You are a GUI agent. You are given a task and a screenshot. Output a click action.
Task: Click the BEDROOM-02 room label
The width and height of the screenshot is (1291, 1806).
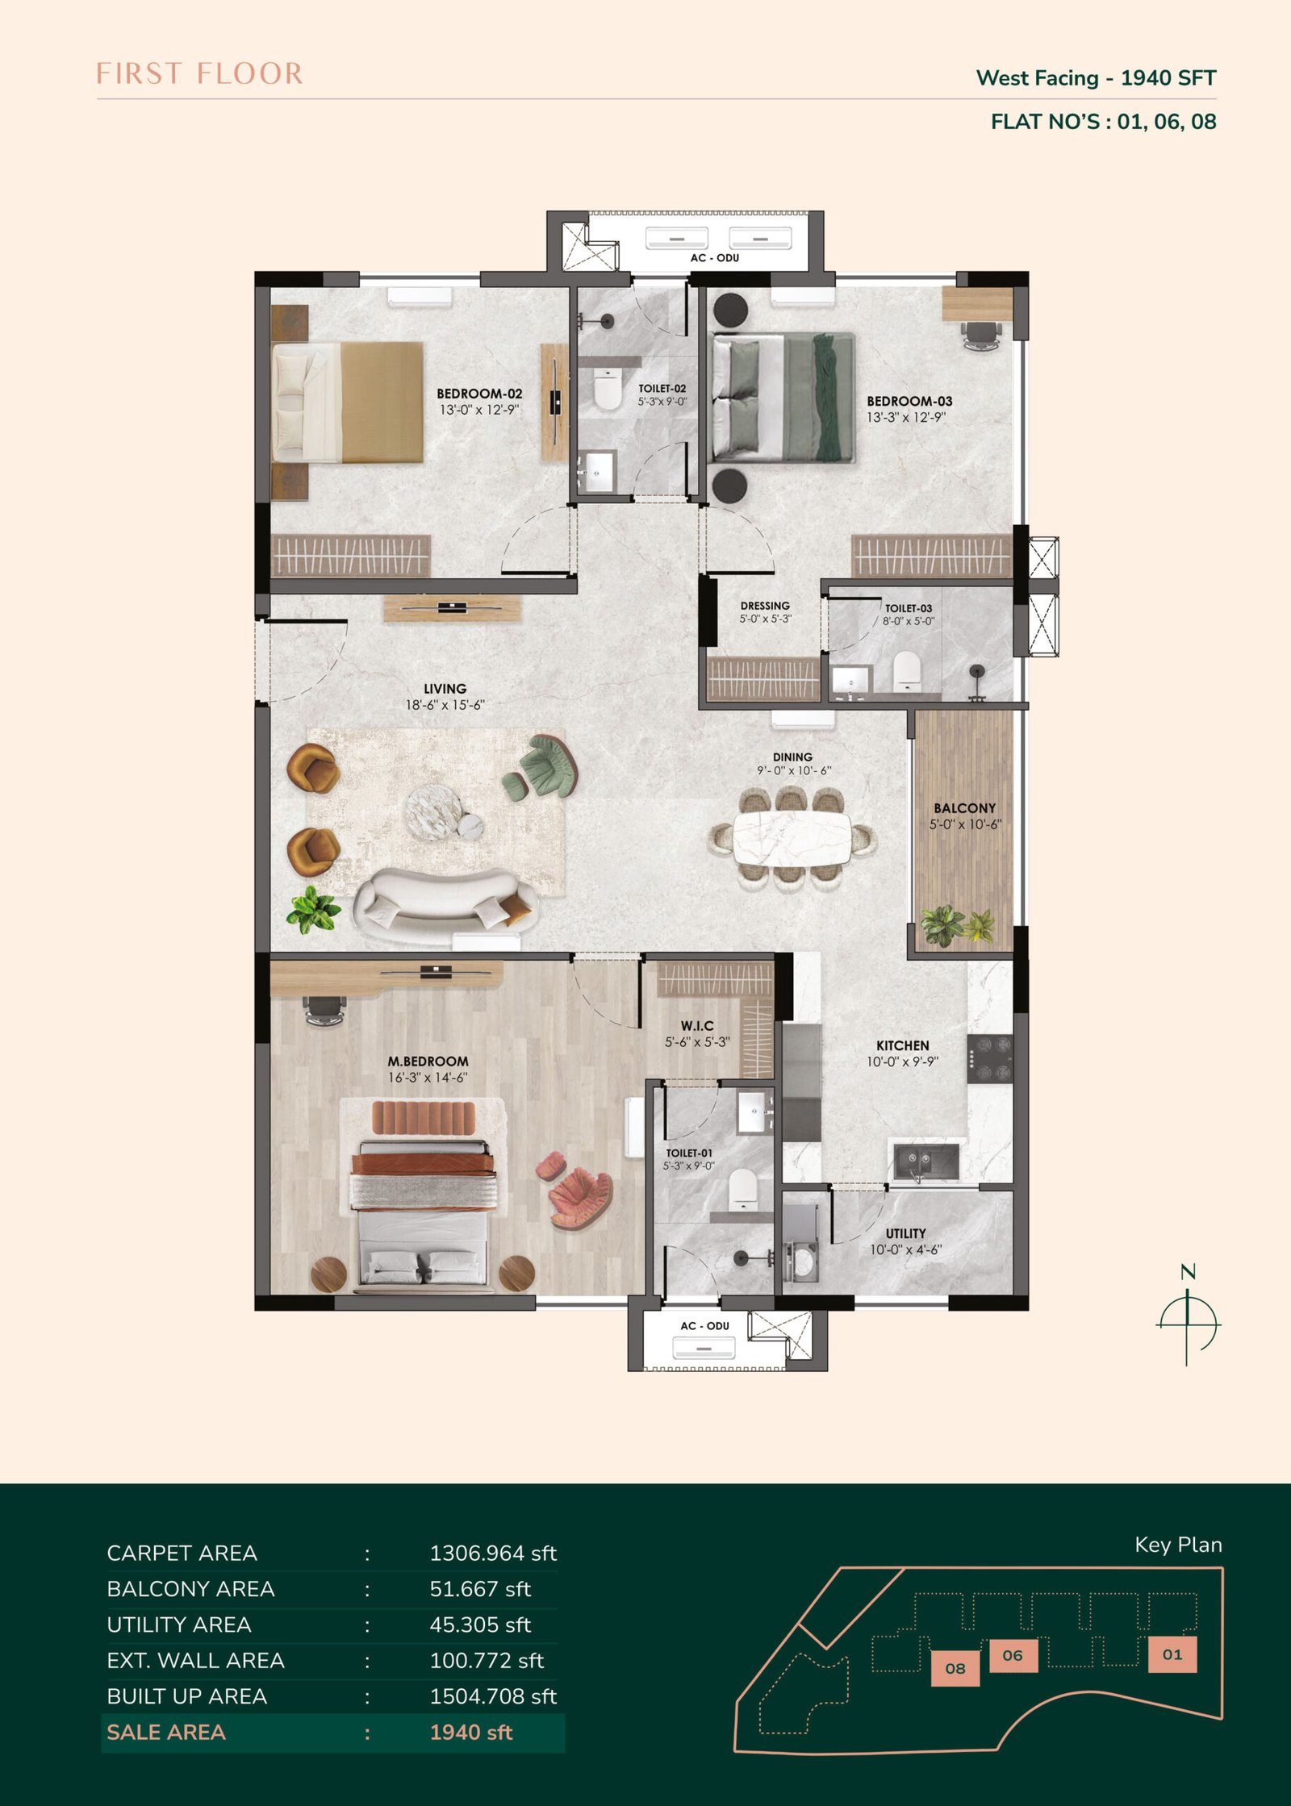(x=479, y=394)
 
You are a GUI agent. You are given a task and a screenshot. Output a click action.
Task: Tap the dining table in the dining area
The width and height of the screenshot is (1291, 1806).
(x=792, y=838)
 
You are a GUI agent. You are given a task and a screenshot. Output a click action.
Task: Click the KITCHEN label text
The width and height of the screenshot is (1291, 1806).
(x=903, y=1045)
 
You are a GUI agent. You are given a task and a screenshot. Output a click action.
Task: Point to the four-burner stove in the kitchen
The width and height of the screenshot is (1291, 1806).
(x=989, y=1059)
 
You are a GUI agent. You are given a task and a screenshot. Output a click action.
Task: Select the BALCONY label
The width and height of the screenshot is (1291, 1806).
(x=964, y=808)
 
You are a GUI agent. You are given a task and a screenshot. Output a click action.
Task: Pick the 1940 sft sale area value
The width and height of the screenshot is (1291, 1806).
(x=471, y=1732)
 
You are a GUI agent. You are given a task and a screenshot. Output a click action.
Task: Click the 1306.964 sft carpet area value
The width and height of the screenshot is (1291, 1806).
(x=493, y=1553)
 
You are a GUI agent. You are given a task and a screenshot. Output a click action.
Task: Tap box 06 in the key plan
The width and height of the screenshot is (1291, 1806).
(x=1013, y=1655)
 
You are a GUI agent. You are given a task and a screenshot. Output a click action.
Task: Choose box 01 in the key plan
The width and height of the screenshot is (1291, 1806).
(x=1172, y=1654)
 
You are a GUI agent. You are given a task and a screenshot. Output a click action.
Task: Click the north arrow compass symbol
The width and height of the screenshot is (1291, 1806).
(x=1188, y=1322)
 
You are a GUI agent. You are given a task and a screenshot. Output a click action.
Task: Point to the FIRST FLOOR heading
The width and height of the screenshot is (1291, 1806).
(x=199, y=73)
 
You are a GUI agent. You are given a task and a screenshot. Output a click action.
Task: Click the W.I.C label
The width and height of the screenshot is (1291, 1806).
(x=697, y=1026)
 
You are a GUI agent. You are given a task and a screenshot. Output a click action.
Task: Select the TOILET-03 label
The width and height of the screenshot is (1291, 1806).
(x=909, y=609)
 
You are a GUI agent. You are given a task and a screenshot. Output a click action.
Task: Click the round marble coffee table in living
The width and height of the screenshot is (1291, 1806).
(x=432, y=812)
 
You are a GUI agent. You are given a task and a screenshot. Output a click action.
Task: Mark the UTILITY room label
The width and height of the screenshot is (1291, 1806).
(x=905, y=1233)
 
